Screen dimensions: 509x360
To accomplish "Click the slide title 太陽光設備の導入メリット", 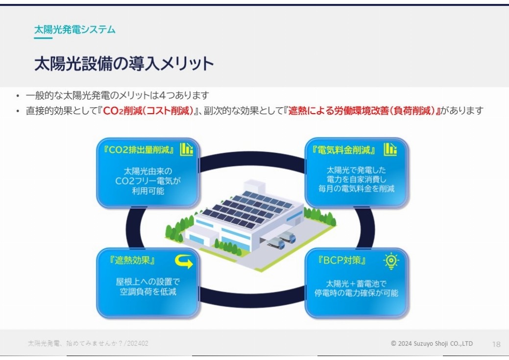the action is click(124, 63).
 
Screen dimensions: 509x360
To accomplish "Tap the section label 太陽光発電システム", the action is click(75, 29).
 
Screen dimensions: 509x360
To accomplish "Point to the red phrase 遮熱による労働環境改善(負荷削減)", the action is click(362, 111).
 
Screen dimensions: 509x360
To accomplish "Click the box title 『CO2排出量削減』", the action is click(139, 150).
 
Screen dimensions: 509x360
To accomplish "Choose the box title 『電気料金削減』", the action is click(344, 150).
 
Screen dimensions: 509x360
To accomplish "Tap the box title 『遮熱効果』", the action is click(132, 260).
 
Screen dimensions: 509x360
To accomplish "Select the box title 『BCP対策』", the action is click(342, 260).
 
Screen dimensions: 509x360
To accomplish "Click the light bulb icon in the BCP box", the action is click(391, 261).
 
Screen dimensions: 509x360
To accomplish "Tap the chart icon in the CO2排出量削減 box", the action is click(187, 149).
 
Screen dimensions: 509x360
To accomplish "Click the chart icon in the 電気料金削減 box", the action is click(390, 149).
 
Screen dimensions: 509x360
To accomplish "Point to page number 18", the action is click(496, 344).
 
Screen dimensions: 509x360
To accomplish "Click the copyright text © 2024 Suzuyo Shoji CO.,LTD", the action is click(432, 343).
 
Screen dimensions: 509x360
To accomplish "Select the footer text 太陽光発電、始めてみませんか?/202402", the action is click(88, 343).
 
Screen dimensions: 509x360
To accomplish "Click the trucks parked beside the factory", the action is click(281, 240).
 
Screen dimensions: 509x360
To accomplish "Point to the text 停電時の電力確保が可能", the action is click(356, 293).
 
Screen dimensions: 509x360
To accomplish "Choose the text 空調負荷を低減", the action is click(148, 291).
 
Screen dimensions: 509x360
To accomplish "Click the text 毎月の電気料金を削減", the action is click(357, 189).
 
